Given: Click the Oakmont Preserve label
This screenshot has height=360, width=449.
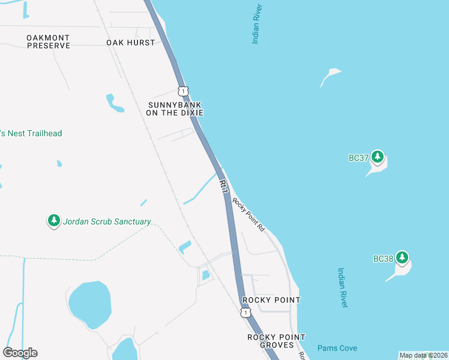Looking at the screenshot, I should point(48,41).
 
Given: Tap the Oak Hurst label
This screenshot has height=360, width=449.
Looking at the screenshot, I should point(130,43).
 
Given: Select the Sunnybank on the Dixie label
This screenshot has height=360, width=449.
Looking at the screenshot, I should point(176,109).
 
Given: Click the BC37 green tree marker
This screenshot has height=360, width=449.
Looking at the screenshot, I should point(377,157).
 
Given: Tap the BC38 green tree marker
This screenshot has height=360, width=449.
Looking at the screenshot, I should point(402,258).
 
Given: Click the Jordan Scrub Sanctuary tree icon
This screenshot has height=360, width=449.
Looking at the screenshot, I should point(54,221).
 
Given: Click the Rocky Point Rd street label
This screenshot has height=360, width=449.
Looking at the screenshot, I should point(249,215).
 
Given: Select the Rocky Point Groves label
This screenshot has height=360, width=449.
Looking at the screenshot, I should point(276,341).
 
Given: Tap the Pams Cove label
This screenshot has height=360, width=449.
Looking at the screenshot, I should point(337,348).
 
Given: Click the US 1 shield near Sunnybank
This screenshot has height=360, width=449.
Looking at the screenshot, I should point(183,91).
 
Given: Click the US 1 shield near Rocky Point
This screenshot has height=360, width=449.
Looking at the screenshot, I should point(245,313).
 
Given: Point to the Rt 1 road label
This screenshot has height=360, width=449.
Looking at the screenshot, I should point(224,186).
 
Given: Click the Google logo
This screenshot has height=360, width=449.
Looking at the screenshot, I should point(20,352).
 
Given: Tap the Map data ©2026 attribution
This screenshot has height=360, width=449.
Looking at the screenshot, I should point(423,355).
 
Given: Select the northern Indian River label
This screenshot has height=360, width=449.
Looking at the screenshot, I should point(258,25).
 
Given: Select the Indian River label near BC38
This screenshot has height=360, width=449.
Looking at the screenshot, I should point(342,288).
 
